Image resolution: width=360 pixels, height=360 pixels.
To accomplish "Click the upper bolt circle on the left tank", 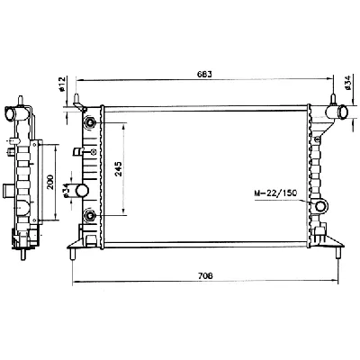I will point(89,121).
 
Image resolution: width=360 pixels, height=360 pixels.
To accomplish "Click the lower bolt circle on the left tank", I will point(89,215).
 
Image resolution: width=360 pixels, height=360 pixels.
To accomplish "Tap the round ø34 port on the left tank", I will point(82,191).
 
